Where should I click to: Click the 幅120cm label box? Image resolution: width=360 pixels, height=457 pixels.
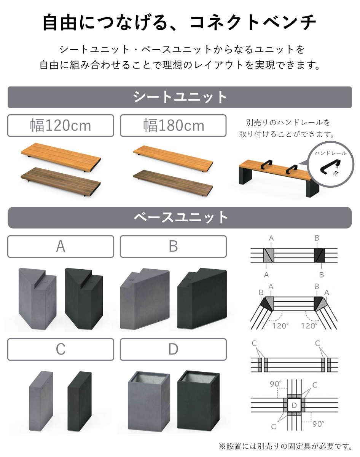click(61, 126)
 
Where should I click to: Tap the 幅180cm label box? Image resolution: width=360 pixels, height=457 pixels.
click(173, 126)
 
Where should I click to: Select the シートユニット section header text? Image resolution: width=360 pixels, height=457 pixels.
click(180, 97)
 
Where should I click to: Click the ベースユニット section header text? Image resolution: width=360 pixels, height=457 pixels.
click(180, 217)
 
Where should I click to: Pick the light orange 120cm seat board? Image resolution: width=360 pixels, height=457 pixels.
click(61, 157)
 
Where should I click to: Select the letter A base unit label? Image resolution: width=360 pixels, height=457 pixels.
click(61, 246)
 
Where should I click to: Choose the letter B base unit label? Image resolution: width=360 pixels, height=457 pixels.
click(173, 246)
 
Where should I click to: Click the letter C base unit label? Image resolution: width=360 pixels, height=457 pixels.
click(61, 349)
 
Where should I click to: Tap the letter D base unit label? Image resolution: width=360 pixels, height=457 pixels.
click(173, 349)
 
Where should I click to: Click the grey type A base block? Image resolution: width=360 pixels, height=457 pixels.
click(37, 297)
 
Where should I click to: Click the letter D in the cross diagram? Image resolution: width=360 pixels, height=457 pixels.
click(294, 406)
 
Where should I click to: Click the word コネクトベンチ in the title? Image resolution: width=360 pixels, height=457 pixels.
click(253, 22)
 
